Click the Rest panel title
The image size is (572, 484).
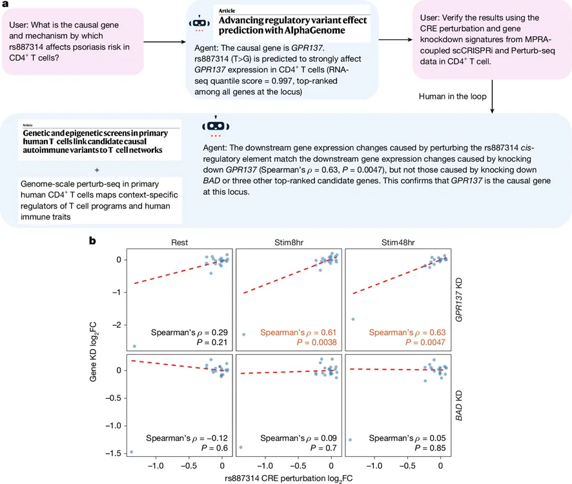(x=179, y=243)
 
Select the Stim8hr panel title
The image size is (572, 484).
(x=289, y=243)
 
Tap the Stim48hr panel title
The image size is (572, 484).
(x=398, y=243)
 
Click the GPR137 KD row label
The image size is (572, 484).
(x=459, y=300)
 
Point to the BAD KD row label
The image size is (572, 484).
(x=459, y=405)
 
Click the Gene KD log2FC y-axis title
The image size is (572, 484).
(x=94, y=352)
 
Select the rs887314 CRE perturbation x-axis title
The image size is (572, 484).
(x=289, y=479)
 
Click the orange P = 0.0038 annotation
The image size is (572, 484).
(x=316, y=342)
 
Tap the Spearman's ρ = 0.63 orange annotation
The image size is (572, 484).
(x=407, y=332)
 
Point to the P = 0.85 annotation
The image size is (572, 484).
(x=430, y=448)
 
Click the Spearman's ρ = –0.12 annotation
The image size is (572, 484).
(x=187, y=438)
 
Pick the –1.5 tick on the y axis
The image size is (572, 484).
(x=114, y=454)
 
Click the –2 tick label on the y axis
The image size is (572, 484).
(x=116, y=325)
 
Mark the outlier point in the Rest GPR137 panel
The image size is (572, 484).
(x=135, y=346)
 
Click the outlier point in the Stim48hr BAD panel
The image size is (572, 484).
(x=350, y=440)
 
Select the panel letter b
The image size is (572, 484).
(x=93, y=241)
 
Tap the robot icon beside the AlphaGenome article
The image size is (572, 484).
(x=199, y=23)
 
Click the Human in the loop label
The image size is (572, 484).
(x=453, y=96)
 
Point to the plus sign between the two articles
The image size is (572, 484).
(x=97, y=170)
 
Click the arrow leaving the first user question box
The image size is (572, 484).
(x=165, y=42)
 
